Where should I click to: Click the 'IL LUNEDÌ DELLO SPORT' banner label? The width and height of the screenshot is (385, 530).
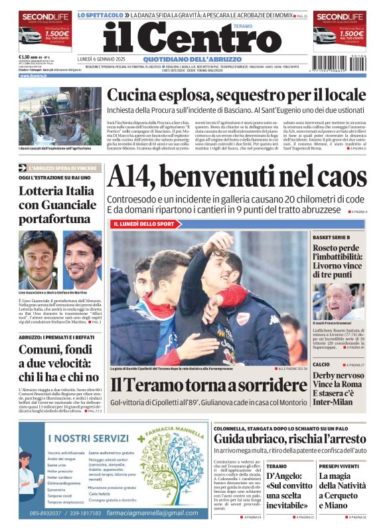coord(147,224)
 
